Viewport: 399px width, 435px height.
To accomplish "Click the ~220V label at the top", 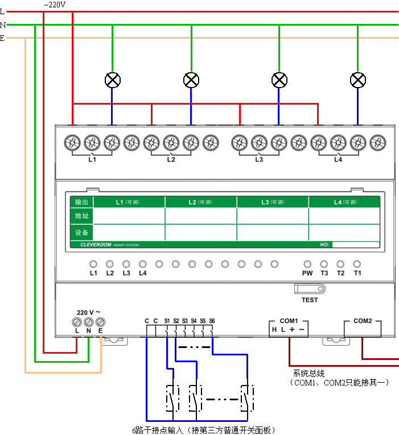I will click(55, 5).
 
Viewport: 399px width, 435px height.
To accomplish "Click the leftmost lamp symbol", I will click(113, 80).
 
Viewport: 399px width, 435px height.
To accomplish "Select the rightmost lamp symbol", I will click(357, 80).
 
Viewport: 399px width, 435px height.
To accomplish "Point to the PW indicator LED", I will click(307, 264).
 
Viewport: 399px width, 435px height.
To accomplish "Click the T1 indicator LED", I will click(357, 264).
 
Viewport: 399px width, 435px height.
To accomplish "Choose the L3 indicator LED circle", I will click(126, 264).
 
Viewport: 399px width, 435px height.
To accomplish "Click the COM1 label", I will click(289, 321).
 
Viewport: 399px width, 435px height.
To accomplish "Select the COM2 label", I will click(363, 321).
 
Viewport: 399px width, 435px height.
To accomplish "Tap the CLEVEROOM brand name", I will click(91, 245).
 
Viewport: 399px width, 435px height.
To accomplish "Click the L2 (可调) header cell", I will click(200, 202).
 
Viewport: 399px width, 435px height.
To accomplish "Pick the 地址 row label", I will click(81, 216).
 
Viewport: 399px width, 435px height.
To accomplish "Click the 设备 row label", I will click(81, 232).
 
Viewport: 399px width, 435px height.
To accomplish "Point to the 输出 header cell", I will click(81, 202).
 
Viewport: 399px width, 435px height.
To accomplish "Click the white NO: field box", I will click(356, 245).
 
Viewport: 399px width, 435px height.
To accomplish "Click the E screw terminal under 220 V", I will click(101, 321).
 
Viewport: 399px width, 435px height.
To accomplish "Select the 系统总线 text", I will click(308, 374).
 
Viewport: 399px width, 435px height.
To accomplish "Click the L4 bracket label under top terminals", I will click(338, 160).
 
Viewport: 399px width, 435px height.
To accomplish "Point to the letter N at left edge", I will click(3, 25).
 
